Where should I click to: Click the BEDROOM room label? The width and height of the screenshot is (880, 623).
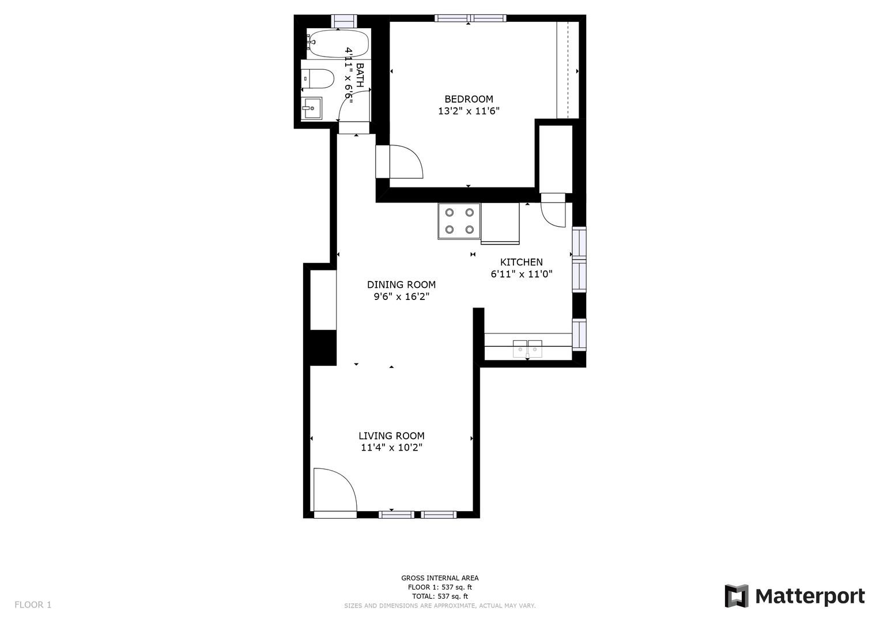tap(469, 99)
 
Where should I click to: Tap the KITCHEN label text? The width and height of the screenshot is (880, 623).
tap(522, 262)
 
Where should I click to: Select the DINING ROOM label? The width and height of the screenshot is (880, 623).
tap(401, 285)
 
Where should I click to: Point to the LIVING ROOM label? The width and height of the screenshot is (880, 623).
tap(391, 436)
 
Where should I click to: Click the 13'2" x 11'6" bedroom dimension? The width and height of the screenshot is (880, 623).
tap(469, 111)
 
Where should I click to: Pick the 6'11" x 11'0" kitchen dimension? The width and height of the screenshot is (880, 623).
tap(522, 274)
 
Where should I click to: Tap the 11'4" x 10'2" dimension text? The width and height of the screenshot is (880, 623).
tap(391, 448)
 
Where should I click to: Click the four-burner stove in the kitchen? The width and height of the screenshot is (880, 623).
tap(459, 221)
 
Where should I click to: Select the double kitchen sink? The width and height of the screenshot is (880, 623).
tap(527, 349)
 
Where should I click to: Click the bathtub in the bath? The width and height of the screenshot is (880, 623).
tap(339, 44)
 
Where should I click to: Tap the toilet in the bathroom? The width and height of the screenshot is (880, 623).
tap(317, 78)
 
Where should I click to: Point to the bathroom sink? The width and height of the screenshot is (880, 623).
tap(312, 108)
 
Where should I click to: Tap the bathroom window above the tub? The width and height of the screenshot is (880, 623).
tap(343, 21)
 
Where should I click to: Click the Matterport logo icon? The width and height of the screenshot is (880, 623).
tap(737, 596)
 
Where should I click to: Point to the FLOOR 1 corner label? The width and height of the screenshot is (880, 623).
tap(33, 605)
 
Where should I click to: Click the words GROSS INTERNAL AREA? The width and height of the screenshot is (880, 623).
tap(440, 578)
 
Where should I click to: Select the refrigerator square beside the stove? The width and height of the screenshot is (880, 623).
tap(500, 223)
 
